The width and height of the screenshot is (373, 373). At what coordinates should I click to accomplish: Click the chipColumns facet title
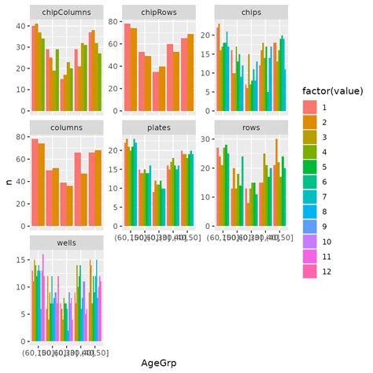pyautogui.click(x=66, y=13)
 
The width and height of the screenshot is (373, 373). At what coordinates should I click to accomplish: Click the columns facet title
pyautogui.click(x=66, y=127)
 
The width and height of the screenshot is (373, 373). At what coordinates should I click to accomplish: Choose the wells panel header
pyautogui.click(x=66, y=241)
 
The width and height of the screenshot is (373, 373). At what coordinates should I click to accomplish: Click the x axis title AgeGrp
pyautogui.click(x=158, y=363)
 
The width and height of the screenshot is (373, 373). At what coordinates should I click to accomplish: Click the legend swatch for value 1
pyautogui.click(x=309, y=107)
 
